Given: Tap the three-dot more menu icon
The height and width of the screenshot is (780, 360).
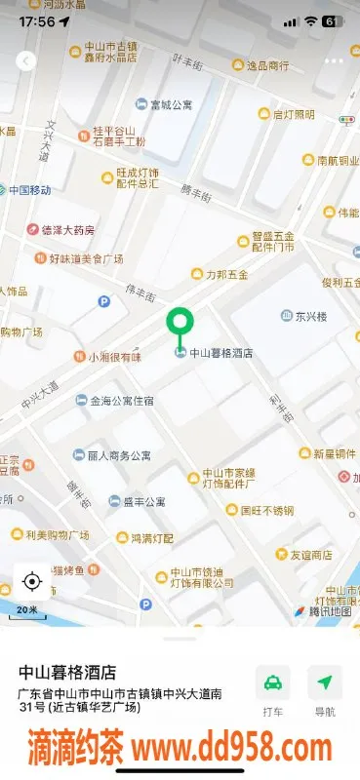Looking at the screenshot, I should (334, 60).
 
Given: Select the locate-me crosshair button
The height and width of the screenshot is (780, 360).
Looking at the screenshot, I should (31, 582).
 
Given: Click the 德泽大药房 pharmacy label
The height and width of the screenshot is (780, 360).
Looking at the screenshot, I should (67, 230).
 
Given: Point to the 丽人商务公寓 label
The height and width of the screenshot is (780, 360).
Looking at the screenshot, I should (119, 455).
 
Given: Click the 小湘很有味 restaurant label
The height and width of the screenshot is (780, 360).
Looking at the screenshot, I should (115, 357).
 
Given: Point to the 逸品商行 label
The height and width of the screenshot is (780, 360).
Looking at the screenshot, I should (266, 65).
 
